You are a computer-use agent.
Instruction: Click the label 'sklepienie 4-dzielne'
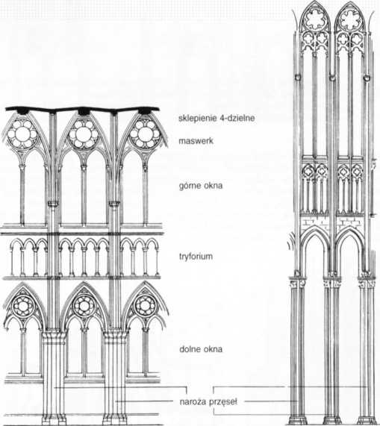click(x=217, y=118)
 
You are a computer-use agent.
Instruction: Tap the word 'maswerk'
click(x=196, y=141)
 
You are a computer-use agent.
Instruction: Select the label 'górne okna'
click(x=201, y=186)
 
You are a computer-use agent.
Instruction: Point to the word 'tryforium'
click(x=196, y=257)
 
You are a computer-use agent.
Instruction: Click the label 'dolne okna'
click(x=201, y=349)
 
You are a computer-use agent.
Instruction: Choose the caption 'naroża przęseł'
click(x=208, y=401)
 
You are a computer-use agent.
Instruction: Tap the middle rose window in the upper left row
click(x=83, y=134)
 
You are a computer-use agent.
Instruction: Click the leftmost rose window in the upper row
click(x=22, y=134)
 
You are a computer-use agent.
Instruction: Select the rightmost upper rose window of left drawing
click(x=145, y=134)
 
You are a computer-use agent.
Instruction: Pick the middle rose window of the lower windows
click(x=84, y=306)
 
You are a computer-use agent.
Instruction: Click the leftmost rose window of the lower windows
click(x=23, y=306)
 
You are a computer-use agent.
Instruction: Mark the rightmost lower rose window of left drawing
click(x=146, y=306)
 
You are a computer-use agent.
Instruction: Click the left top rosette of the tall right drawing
click(x=314, y=19)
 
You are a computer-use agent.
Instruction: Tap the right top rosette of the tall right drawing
click(x=349, y=19)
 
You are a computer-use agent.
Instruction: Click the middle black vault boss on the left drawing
click(x=84, y=111)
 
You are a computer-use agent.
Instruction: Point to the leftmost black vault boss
click(x=22, y=110)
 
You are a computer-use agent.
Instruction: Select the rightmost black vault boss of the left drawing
click(x=145, y=111)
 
